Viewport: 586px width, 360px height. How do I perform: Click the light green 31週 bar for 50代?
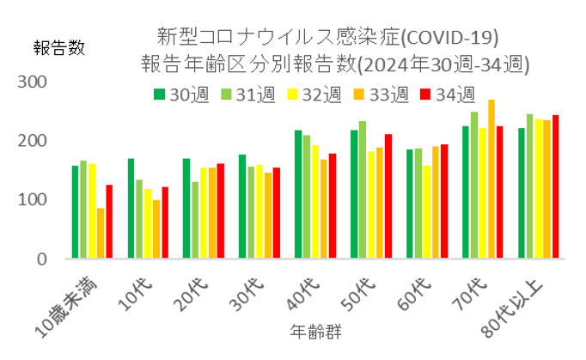click(x=363, y=190)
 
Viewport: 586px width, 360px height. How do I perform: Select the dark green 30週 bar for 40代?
click(x=298, y=194)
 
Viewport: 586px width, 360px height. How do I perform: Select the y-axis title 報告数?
click(x=59, y=48)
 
